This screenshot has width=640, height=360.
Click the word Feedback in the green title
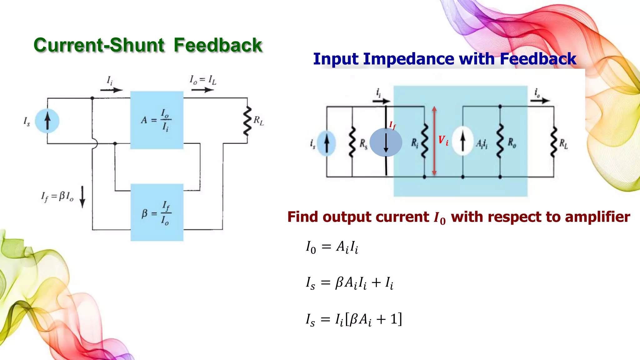click(x=218, y=45)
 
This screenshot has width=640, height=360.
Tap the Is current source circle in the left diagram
click(x=47, y=121)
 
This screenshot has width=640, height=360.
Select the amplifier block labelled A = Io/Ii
click(x=157, y=120)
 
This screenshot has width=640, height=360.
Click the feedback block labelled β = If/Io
click(x=157, y=212)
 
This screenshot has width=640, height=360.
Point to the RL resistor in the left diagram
click(x=247, y=121)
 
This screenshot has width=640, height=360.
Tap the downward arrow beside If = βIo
click(x=82, y=197)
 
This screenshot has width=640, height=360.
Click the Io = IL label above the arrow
click(x=203, y=80)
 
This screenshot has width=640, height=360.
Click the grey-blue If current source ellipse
click(x=386, y=142)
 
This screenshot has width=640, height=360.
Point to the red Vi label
click(x=443, y=140)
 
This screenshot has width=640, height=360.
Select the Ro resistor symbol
click(x=500, y=141)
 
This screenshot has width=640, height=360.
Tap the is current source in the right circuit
click(x=327, y=143)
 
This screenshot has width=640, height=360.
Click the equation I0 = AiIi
click(x=332, y=247)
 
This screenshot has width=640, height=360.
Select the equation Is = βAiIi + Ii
click(x=349, y=283)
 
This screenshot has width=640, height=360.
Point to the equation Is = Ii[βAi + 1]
click(x=354, y=319)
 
